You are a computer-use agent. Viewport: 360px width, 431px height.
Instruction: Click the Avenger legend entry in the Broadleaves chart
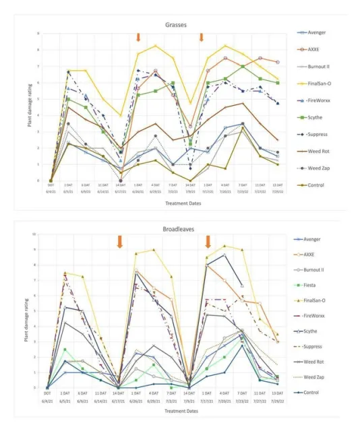[x=324, y=238]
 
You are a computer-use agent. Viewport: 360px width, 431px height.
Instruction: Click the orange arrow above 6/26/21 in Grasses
[x=138, y=36]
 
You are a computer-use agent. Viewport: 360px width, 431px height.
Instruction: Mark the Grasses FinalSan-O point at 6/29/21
[x=156, y=46]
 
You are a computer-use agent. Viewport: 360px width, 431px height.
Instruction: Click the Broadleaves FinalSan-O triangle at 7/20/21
[x=224, y=246]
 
